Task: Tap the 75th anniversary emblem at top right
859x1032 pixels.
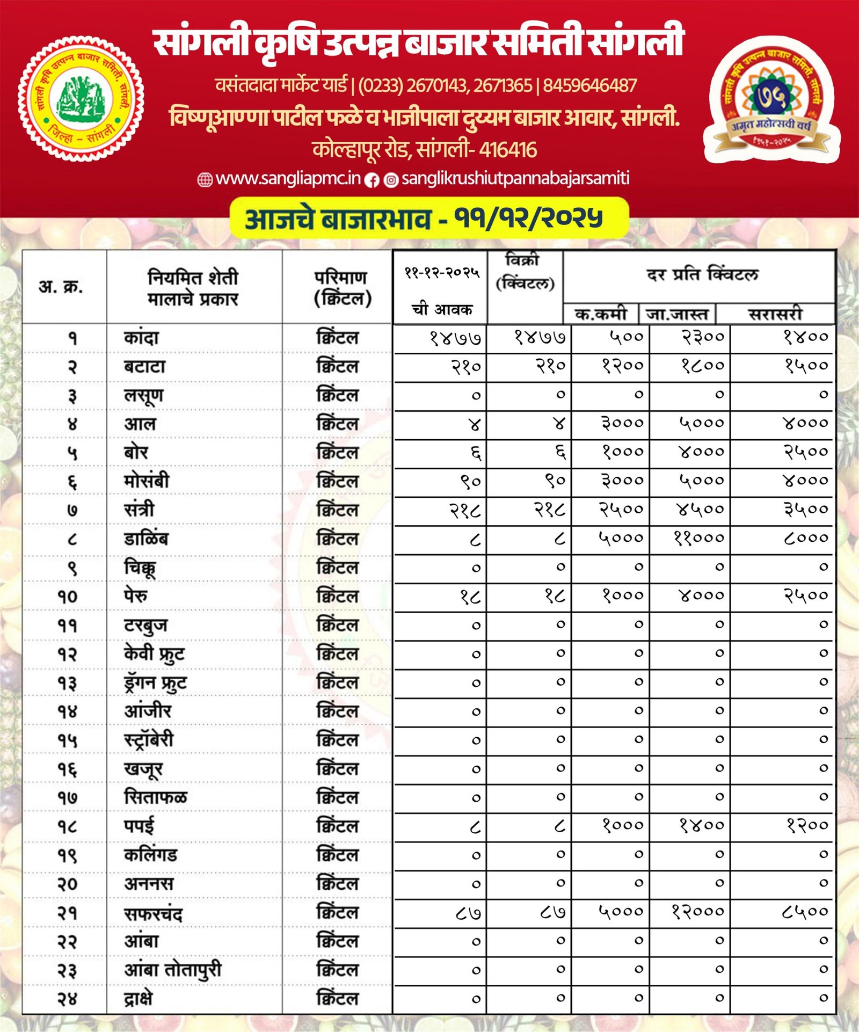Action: tap(771, 99)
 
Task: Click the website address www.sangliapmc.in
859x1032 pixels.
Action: tap(288, 179)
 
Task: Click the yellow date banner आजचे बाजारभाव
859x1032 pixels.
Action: tap(428, 218)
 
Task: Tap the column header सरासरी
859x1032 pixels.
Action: tap(775, 314)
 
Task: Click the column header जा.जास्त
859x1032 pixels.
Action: tap(678, 314)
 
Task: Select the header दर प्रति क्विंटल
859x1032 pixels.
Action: tap(702, 275)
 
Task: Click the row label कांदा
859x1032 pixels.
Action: tap(141, 338)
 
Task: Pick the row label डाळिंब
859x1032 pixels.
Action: tap(145, 539)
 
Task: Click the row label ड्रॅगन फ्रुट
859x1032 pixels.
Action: tap(155, 683)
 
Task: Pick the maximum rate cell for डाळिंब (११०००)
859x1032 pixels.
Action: tap(698, 538)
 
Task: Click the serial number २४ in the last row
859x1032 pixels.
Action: tap(68, 999)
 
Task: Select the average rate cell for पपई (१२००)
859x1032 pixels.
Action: tap(807, 825)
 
